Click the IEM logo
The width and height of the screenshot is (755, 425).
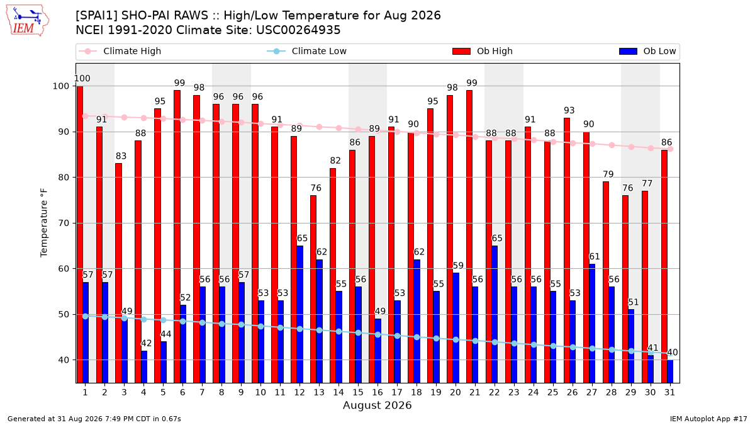pos(28,21)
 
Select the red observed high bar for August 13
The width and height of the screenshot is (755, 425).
pos(313,289)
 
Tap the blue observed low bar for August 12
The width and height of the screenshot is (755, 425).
pos(299,314)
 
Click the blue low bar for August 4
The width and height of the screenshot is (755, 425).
pos(144,366)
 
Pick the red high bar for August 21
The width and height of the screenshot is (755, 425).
pos(469,237)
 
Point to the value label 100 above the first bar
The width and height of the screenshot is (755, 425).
pos(82,79)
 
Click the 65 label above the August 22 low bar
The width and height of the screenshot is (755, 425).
pos(497,239)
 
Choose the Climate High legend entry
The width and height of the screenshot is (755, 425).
pos(120,51)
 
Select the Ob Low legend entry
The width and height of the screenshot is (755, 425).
pos(647,51)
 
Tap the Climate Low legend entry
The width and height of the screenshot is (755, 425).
pos(307,51)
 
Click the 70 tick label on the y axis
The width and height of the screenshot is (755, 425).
pos(64,224)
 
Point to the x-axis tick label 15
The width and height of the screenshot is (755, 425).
pos(358,392)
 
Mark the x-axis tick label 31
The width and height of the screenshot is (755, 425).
pos(669,392)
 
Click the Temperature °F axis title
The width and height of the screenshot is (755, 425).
pos(44,223)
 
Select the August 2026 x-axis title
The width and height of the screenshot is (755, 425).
pos(377,405)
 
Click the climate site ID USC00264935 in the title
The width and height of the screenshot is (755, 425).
pos(298,30)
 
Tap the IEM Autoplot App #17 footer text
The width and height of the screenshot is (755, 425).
pos(708,419)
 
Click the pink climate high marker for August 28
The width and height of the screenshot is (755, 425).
pos(612,145)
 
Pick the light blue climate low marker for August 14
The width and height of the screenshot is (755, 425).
pos(338,332)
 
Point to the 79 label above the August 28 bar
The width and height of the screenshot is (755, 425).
pos(608,174)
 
